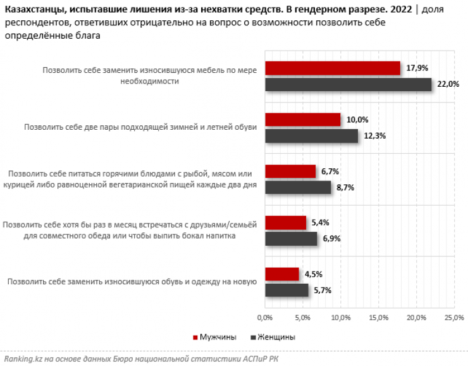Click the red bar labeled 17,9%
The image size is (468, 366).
[x=333, y=68]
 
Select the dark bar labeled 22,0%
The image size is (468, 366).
[x=348, y=85]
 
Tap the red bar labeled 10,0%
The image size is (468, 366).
[x=303, y=120]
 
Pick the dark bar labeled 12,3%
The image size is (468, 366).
[x=311, y=136]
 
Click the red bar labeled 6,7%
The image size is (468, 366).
[x=290, y=171]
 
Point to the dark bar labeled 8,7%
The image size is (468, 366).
[x=298, y=187]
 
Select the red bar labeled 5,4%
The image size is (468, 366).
[x=285, y=223]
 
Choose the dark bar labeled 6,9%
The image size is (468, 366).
[x=291, y=239]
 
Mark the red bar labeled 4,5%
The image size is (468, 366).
[x=282, y=274]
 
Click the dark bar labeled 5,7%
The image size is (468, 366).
[x=286, y=290]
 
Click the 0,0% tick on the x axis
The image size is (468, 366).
[x=264, y=316]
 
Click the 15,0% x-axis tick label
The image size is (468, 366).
[x=378, y=316]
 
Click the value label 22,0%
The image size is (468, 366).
[x=448, y=85]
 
